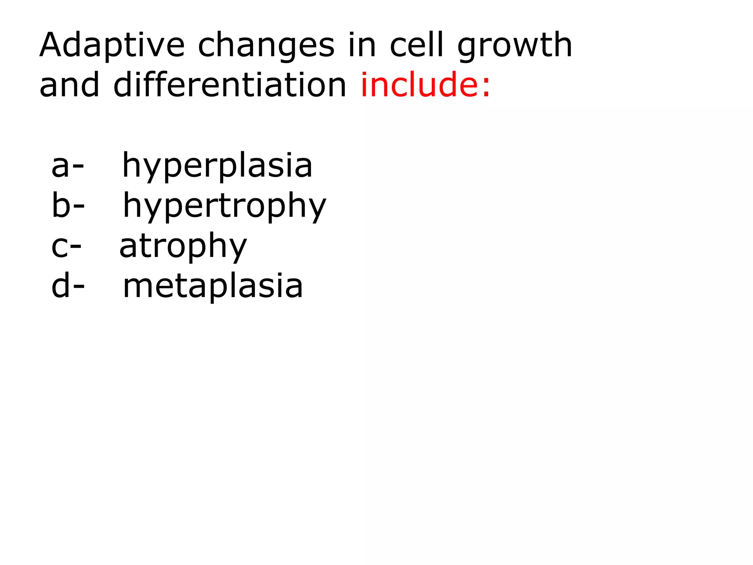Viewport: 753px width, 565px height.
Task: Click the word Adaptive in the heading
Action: point(112,46)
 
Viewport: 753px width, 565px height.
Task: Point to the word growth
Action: point(515,46)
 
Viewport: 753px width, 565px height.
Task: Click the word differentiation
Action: point(230,85)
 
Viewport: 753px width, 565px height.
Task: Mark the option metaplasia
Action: point(213,286)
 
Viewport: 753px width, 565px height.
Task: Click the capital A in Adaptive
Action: point(53,45)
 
